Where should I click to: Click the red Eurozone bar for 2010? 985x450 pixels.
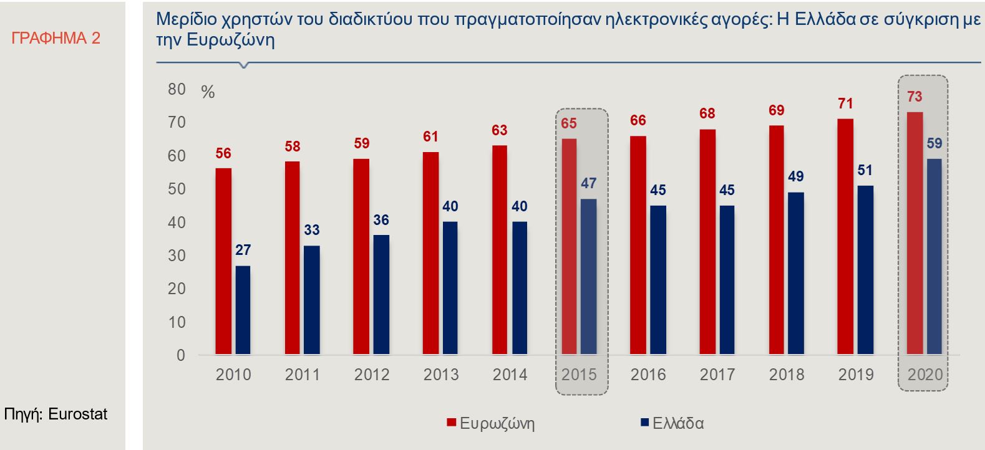coord(223,262)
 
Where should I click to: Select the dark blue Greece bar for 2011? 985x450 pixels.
coord(312,300)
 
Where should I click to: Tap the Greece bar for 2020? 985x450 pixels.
coord(934,257)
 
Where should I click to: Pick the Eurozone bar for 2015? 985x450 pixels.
coord(569,247)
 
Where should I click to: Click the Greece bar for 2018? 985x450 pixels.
coord(796,274)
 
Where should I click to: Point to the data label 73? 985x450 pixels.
coord(915,97)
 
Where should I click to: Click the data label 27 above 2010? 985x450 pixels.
coord(243,250)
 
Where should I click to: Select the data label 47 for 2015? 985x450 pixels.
coord(588,183)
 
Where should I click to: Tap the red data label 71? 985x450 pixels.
coord(845,103)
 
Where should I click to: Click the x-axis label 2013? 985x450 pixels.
coord(441,375)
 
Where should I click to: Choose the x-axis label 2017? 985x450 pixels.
coord(717,375)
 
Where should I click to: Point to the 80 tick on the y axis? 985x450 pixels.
coord(177,89)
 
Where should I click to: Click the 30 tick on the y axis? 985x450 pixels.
coord(177,256)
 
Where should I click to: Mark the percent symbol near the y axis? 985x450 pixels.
coord(208,92)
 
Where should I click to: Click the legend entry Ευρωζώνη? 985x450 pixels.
coord(497,423)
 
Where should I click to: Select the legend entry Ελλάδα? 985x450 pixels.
coord(677,423)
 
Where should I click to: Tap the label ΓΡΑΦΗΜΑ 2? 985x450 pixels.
coord(56,38)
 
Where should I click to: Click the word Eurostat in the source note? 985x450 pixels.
coord(77,414)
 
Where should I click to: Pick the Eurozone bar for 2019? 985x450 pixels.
coord(845,237)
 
